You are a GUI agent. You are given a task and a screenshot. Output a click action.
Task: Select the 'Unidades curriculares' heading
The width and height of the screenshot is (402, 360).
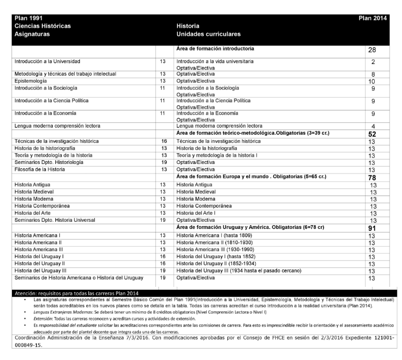tap(209, 34)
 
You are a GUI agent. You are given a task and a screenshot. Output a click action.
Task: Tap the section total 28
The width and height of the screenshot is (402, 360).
tap(372, 50)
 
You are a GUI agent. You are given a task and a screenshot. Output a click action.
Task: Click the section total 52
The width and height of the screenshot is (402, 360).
tap(372, 134)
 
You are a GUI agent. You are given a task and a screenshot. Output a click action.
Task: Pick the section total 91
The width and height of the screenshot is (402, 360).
tap(372, 228)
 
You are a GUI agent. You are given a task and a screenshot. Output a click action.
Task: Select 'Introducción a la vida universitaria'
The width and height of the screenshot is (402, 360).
tap(215, 62)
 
